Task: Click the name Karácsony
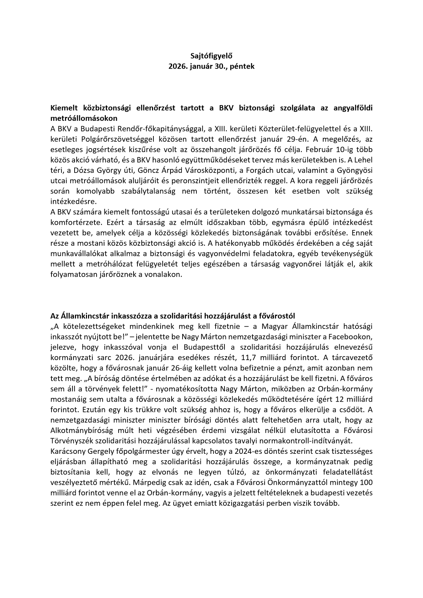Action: pos(66,451)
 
